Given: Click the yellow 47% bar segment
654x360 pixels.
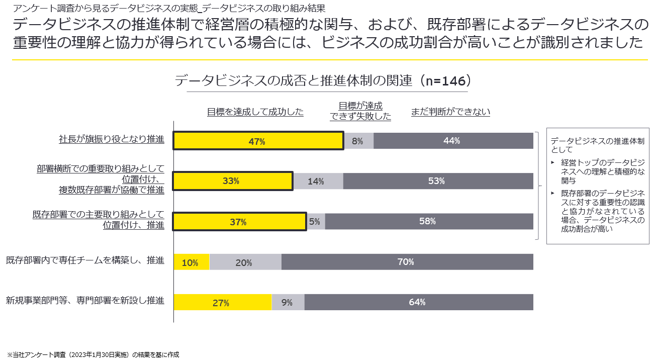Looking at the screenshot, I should click(x=258, y=141).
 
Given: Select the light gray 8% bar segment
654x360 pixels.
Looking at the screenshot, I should click(x=358, y=141).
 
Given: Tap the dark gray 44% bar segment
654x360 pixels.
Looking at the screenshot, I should click(x=453, y=141).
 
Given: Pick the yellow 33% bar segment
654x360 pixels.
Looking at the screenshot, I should click(x=233, y=181).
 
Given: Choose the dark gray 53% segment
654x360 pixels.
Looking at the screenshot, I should click(x=438, y=181).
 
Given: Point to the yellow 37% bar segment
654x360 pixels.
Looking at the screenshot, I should click(x=239, y=222).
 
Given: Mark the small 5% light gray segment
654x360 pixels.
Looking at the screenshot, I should click(x=316, y=222).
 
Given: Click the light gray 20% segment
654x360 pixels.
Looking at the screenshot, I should click(x=245, y=262).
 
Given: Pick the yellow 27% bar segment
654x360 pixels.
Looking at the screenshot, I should click(x=222, y=302).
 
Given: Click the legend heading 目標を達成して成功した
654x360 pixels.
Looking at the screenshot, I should click(x=255, y=112).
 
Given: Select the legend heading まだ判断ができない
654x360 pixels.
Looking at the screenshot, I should click(x=450, y=112).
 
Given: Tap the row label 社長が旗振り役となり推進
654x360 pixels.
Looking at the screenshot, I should click(x=112, y=139).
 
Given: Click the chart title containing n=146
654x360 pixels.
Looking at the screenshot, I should click(x=324, y=81).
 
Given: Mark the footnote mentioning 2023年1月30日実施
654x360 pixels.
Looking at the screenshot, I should click(x=93, y=354).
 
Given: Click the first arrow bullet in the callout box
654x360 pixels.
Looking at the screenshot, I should click(x=553, y=162).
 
